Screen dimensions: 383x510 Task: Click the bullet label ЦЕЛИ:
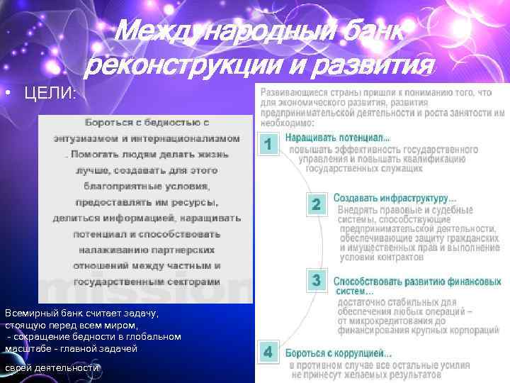[50, 94]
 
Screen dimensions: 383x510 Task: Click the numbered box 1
[268, 144]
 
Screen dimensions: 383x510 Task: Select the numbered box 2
[317, 204]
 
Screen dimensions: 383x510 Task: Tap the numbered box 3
[317, 281]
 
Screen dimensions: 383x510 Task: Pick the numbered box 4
[268, 353]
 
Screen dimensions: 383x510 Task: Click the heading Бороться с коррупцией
[337, 353]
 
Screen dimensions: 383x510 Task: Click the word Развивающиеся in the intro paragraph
[293, 92]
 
